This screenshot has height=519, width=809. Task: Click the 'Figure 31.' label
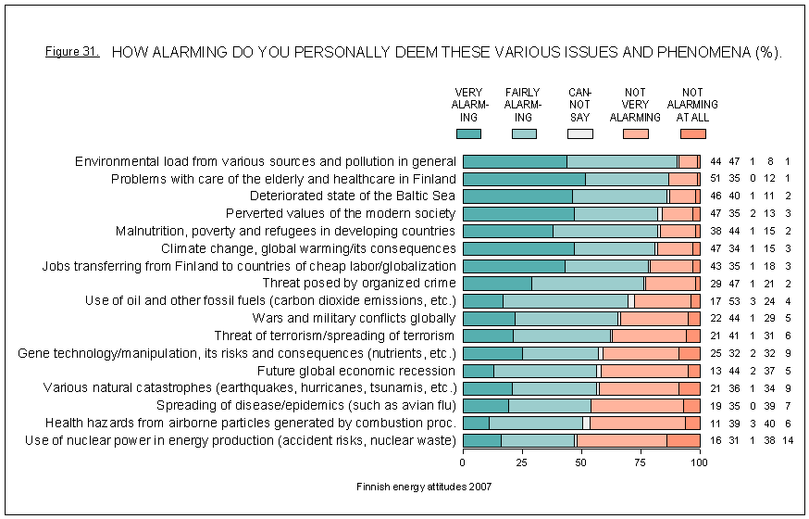pos(71,52)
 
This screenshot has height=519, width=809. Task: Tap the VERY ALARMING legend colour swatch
pos(468,134)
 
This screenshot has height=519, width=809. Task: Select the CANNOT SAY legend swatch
pos(579,134)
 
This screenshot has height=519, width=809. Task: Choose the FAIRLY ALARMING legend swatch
pos(524,134)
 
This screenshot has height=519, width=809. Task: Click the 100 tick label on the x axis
pos(700,461)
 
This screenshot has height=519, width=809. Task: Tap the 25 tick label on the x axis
pos(522,461)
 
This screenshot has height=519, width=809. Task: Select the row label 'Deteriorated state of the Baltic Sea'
pos(353,196)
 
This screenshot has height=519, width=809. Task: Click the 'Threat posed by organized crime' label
pos(359,283)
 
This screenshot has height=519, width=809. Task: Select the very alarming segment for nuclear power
pos(481,440)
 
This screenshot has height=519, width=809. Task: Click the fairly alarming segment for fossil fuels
pos(566,300)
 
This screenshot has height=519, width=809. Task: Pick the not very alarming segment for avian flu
pos(637,405)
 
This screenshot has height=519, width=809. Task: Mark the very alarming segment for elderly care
pos(523,179)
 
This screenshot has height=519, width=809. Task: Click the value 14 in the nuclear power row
pos(788,440)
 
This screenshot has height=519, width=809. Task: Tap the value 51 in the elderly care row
pos(716,179)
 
